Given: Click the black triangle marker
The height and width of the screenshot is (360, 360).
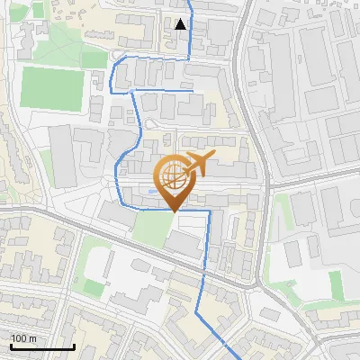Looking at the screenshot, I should pos(182,24).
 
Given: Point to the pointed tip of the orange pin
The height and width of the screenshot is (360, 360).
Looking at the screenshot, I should pos(173,211).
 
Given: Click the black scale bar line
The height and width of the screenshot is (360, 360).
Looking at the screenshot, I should pos(41,346).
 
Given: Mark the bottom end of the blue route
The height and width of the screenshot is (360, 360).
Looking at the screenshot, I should pos(236,357).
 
